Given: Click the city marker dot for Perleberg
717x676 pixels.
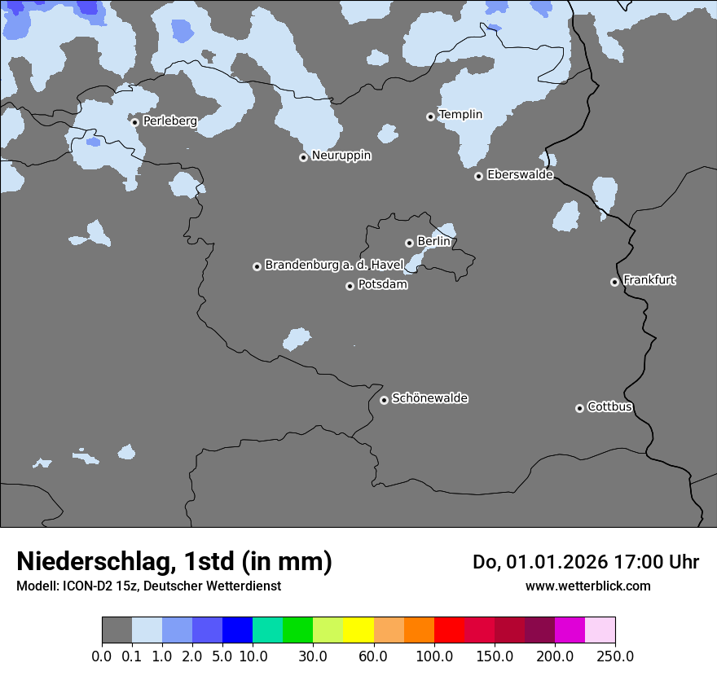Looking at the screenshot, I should pyautogui.click(x=135, y=122).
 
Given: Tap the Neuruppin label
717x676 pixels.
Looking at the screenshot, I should pyautogui.click(x=341, y=156).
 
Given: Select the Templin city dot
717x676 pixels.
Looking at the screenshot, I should pyautogui.click(x=430, y=116).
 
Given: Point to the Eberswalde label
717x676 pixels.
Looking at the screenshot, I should pyautogui.click(x=520, y=175).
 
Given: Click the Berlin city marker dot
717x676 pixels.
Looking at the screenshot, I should pyautogui.click(x=409, y=243).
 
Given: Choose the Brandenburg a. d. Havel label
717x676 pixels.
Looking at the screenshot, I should pyautogui.click(x=334, y=266).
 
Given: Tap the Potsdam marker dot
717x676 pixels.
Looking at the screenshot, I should pyautogui.click(x=350, y=286).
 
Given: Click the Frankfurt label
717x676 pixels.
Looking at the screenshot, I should pyautogui.click(x=649, y=280).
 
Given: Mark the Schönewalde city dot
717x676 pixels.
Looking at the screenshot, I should pyautogui.click(x=384, y=400).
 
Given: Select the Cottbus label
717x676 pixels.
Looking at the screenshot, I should pyautogui.click(x=609, y=407).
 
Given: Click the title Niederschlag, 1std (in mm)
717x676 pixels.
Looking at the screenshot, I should pyautogui.click(x=174, y=561).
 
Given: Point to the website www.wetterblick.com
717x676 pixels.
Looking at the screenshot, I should pyautogui.click(x=587, y=586).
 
